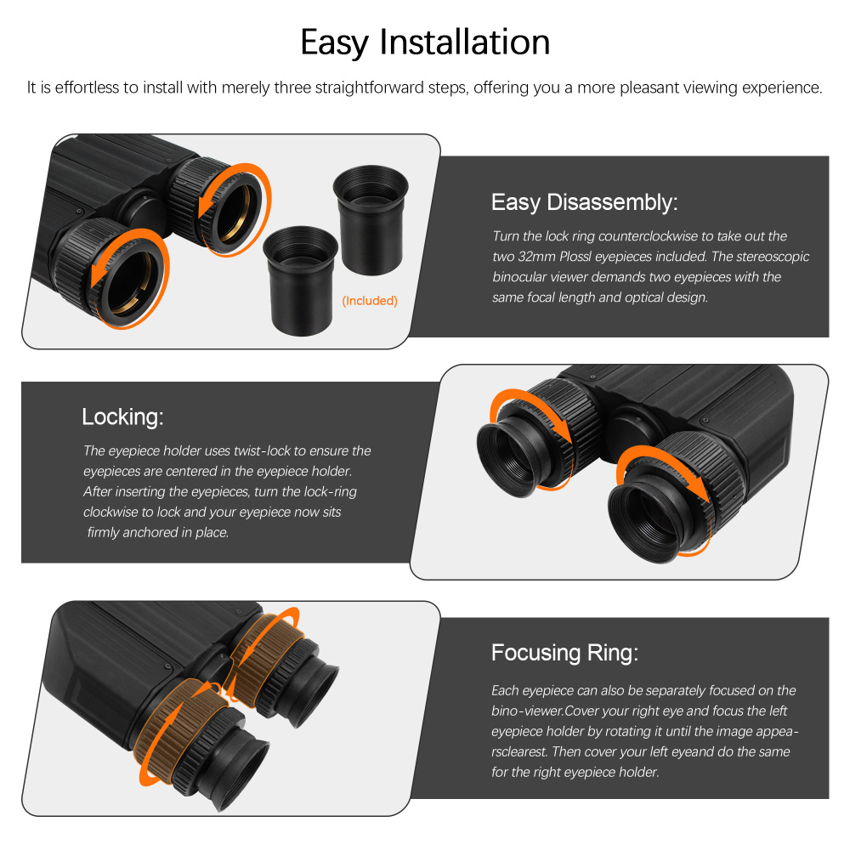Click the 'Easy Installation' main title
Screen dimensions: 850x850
click(425, 42)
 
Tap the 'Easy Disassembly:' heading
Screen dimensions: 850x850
click(584, 202)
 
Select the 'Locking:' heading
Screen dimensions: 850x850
click(122, 416)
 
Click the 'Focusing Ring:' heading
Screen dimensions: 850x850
click(564, 653)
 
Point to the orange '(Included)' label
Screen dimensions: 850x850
click(369, 301)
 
